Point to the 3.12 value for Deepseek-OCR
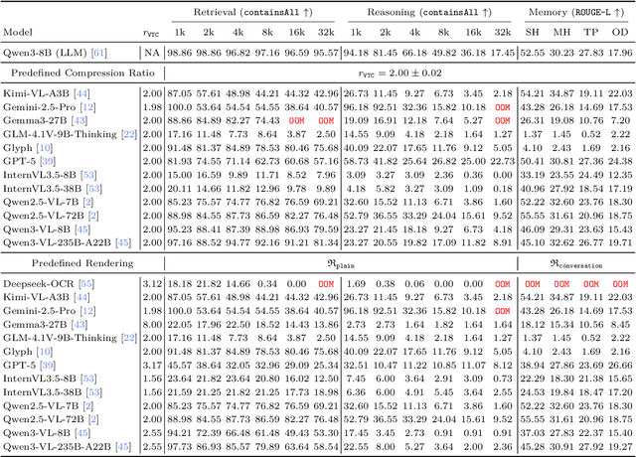point(151,284)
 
